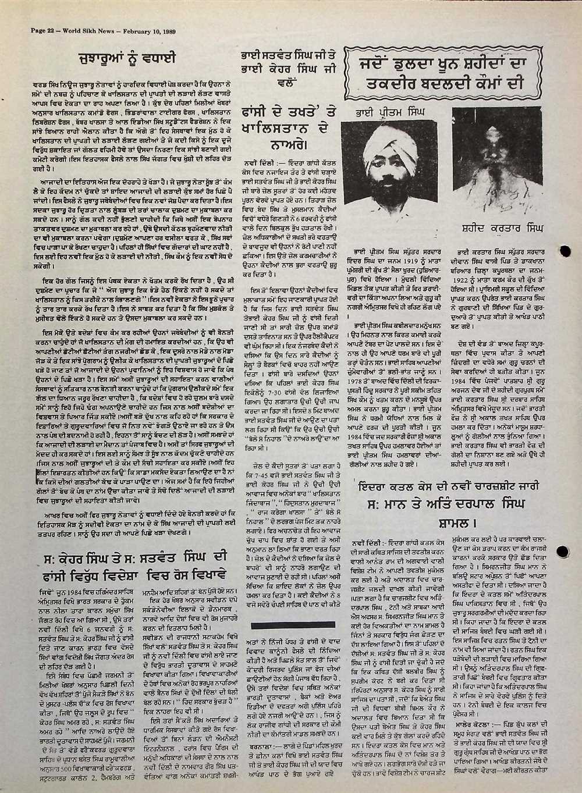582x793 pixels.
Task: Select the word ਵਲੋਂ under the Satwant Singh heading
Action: coord(283,82)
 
